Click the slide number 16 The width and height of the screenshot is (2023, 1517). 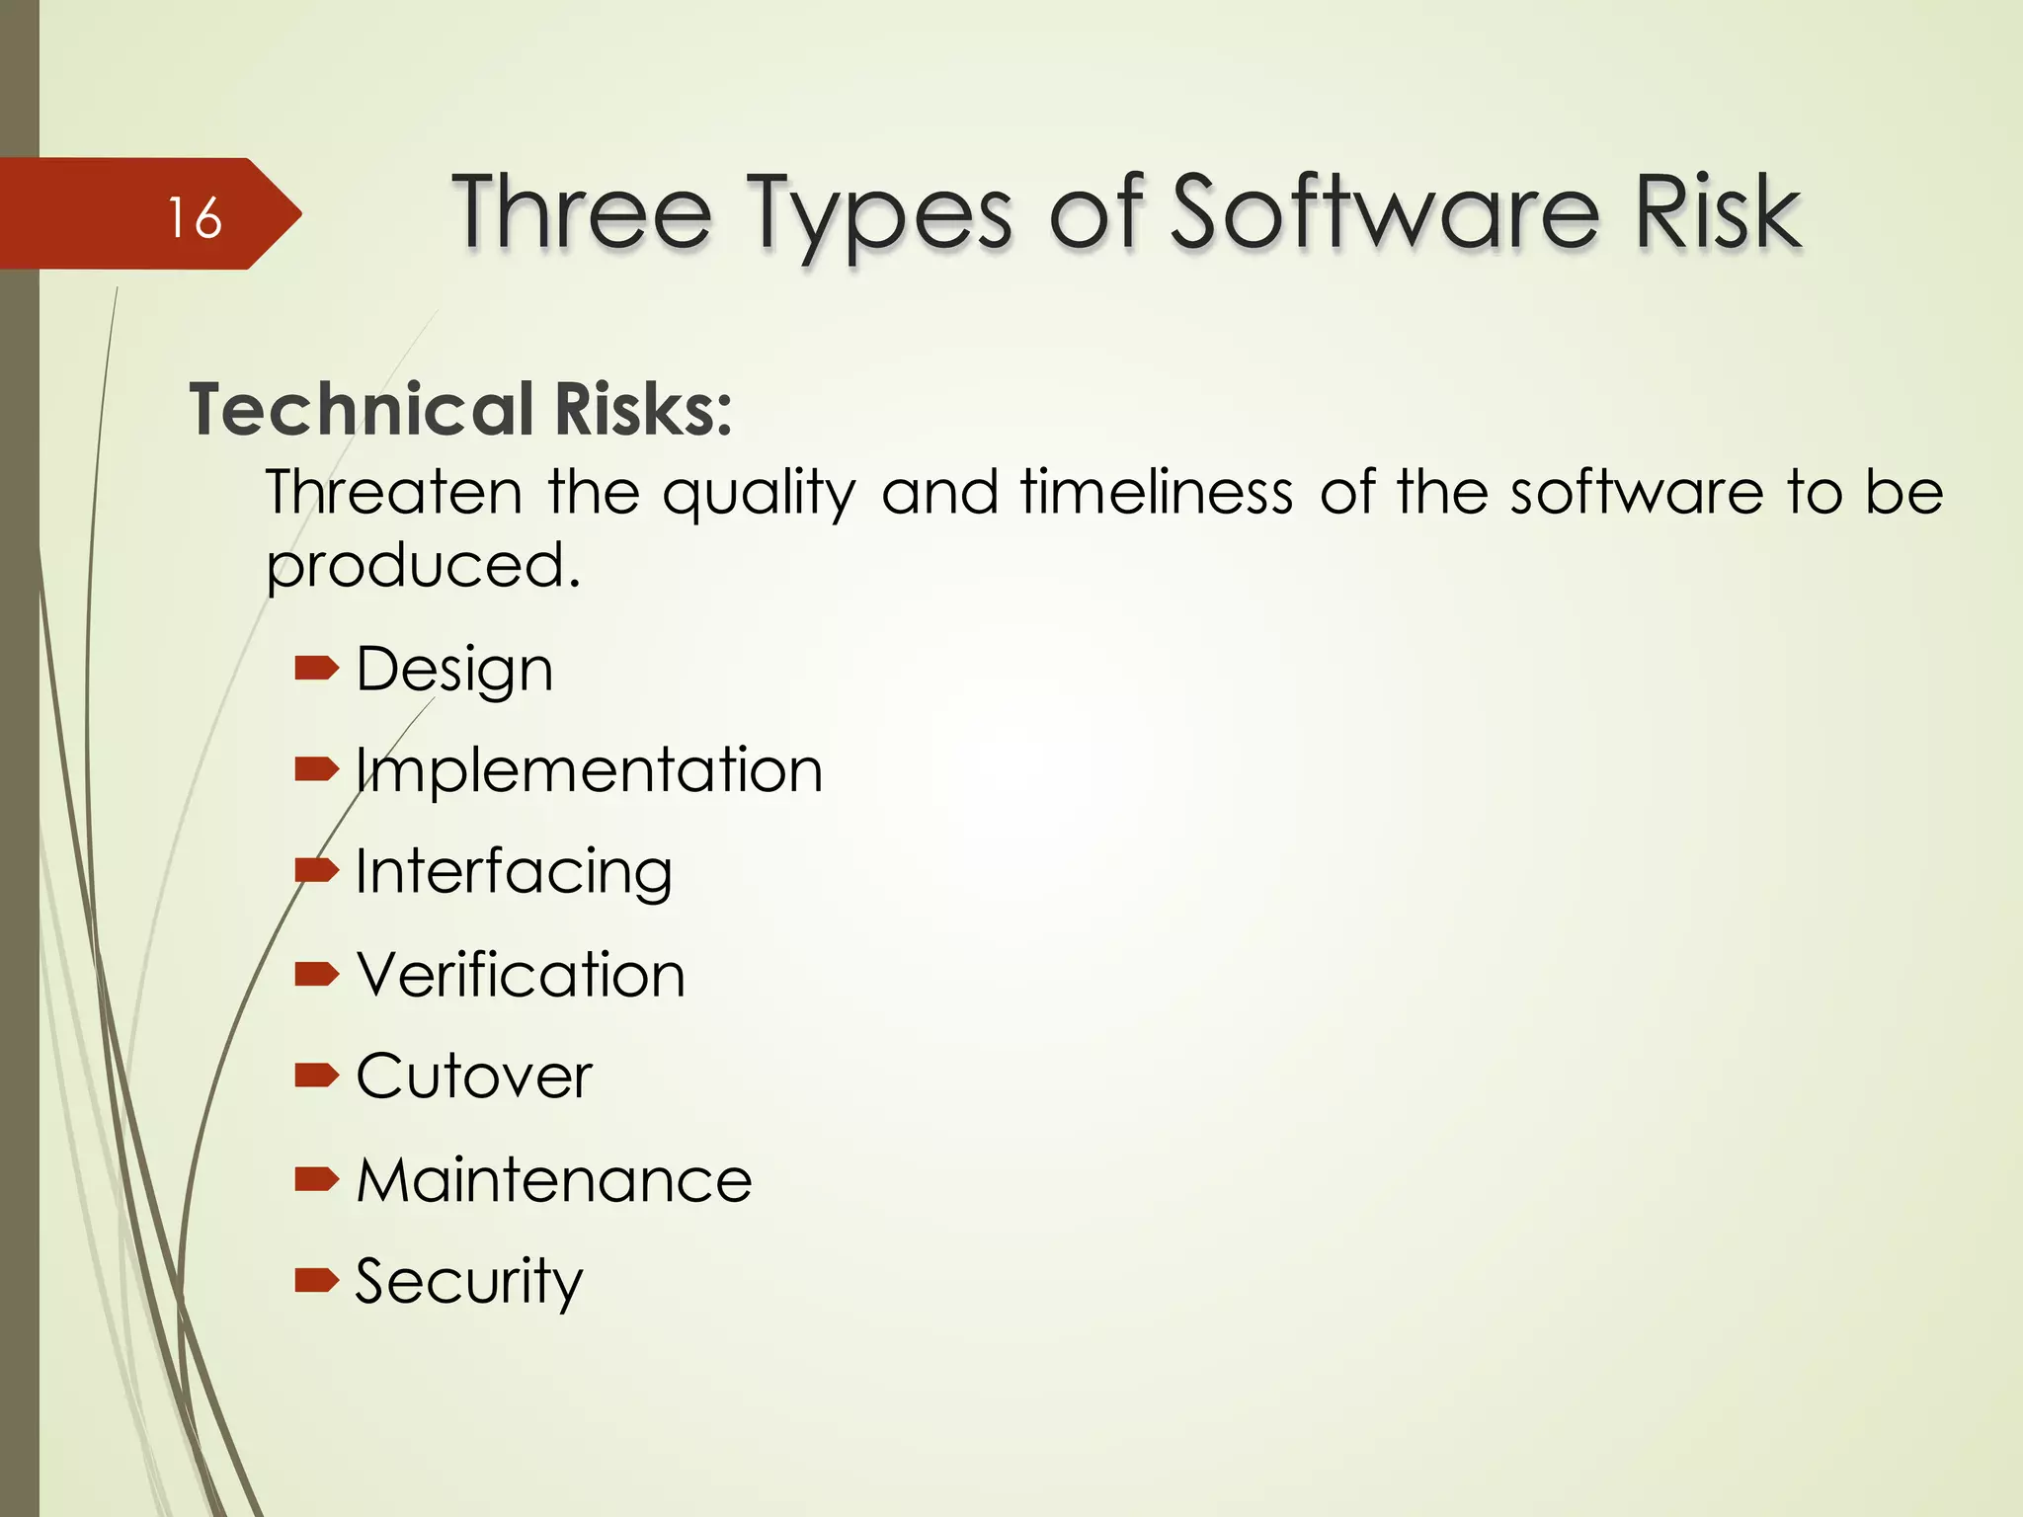195,217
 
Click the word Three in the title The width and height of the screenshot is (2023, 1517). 582,211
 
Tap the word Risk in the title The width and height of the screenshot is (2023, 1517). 1718,211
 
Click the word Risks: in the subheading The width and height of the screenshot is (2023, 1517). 643,409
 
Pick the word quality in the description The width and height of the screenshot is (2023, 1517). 759,494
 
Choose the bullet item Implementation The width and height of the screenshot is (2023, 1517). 589,770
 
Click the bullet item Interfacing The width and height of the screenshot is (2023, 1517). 514,873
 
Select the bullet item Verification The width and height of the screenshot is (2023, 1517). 521,975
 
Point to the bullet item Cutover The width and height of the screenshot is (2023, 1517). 474,1077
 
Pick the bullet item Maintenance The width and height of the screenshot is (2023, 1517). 554,1179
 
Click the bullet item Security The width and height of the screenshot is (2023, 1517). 469,1282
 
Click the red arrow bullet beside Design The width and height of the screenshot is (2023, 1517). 316,671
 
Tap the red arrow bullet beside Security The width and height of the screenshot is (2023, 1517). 316,1281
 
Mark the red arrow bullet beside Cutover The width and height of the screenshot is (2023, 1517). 316,1075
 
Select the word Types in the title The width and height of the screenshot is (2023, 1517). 878,213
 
